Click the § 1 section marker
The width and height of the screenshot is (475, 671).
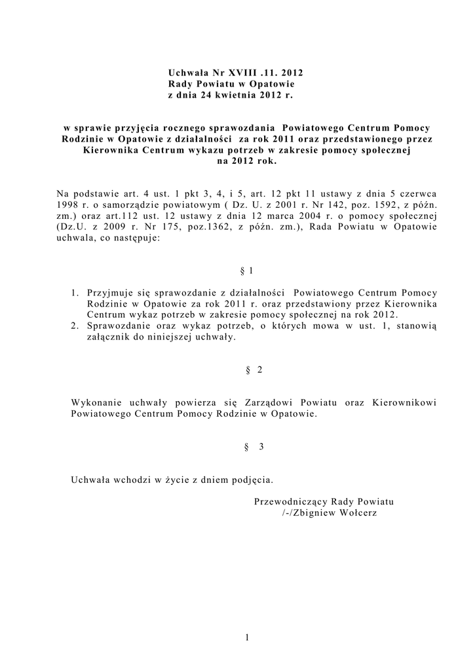pyautogui.click(x=246, y=271)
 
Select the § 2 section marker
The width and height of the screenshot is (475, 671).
pyautogui.click(x=252, y=370)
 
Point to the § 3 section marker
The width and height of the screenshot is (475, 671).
pyautogui.click(x=253, y=447)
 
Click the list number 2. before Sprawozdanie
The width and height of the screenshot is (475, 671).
pyautogui.click(x=76, y=326)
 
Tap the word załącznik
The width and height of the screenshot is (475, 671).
pyautogui.click(x=106, y=337)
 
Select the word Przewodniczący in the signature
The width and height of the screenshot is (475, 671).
pyautogui.click(x=286, y=501)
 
